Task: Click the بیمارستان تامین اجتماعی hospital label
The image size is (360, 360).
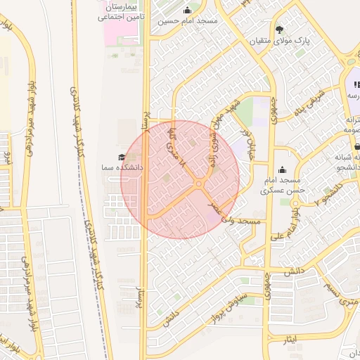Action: click(x=122, y=11)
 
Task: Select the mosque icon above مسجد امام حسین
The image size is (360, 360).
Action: click(x=187, y=10)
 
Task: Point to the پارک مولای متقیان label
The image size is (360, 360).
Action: click(x=279, y=41)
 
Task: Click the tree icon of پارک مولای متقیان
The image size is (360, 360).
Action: click(x=280, y=30)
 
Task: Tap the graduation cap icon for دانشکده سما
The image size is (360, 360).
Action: click(x=122, y=157)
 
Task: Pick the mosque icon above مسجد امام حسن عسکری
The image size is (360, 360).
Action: click(x=283, y=169)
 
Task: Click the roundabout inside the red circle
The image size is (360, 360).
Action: click(x=200, y=184)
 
